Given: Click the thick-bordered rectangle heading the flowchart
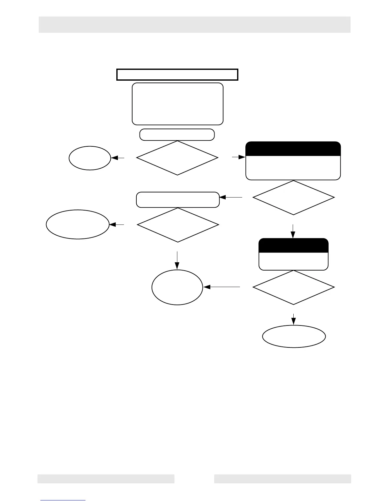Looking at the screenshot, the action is (x=177, y=75).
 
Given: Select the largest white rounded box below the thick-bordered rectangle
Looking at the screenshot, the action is (x=177, y=104).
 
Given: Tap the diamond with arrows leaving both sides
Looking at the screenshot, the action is (x=177, y=158).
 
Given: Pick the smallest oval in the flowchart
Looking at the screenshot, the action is (x=90, y=158).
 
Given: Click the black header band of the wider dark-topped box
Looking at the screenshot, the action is (x=293, y=149).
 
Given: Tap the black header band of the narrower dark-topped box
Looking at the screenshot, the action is (x=293, y=245).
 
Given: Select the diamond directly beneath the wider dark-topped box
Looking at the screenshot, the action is (x=293, y=198).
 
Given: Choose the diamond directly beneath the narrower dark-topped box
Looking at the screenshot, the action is (x=293, y=287).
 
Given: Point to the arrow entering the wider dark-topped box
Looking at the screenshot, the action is (x=239, y=157).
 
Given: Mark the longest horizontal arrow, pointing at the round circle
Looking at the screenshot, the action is (x=222, y=287).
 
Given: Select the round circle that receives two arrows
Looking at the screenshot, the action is (x=177, y=287).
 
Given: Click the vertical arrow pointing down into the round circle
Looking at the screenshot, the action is (x=177, y=260).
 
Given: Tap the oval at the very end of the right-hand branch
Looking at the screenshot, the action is (x=294, y=336).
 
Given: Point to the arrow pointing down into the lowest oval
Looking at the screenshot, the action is (x=293, y=319).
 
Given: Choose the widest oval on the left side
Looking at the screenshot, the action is (x=78, y=224).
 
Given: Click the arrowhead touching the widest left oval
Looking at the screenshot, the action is (x=112, y=225).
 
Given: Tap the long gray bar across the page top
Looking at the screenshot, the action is (x=194, y=24).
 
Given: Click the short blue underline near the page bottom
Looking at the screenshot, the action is (x=63, y=500).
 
